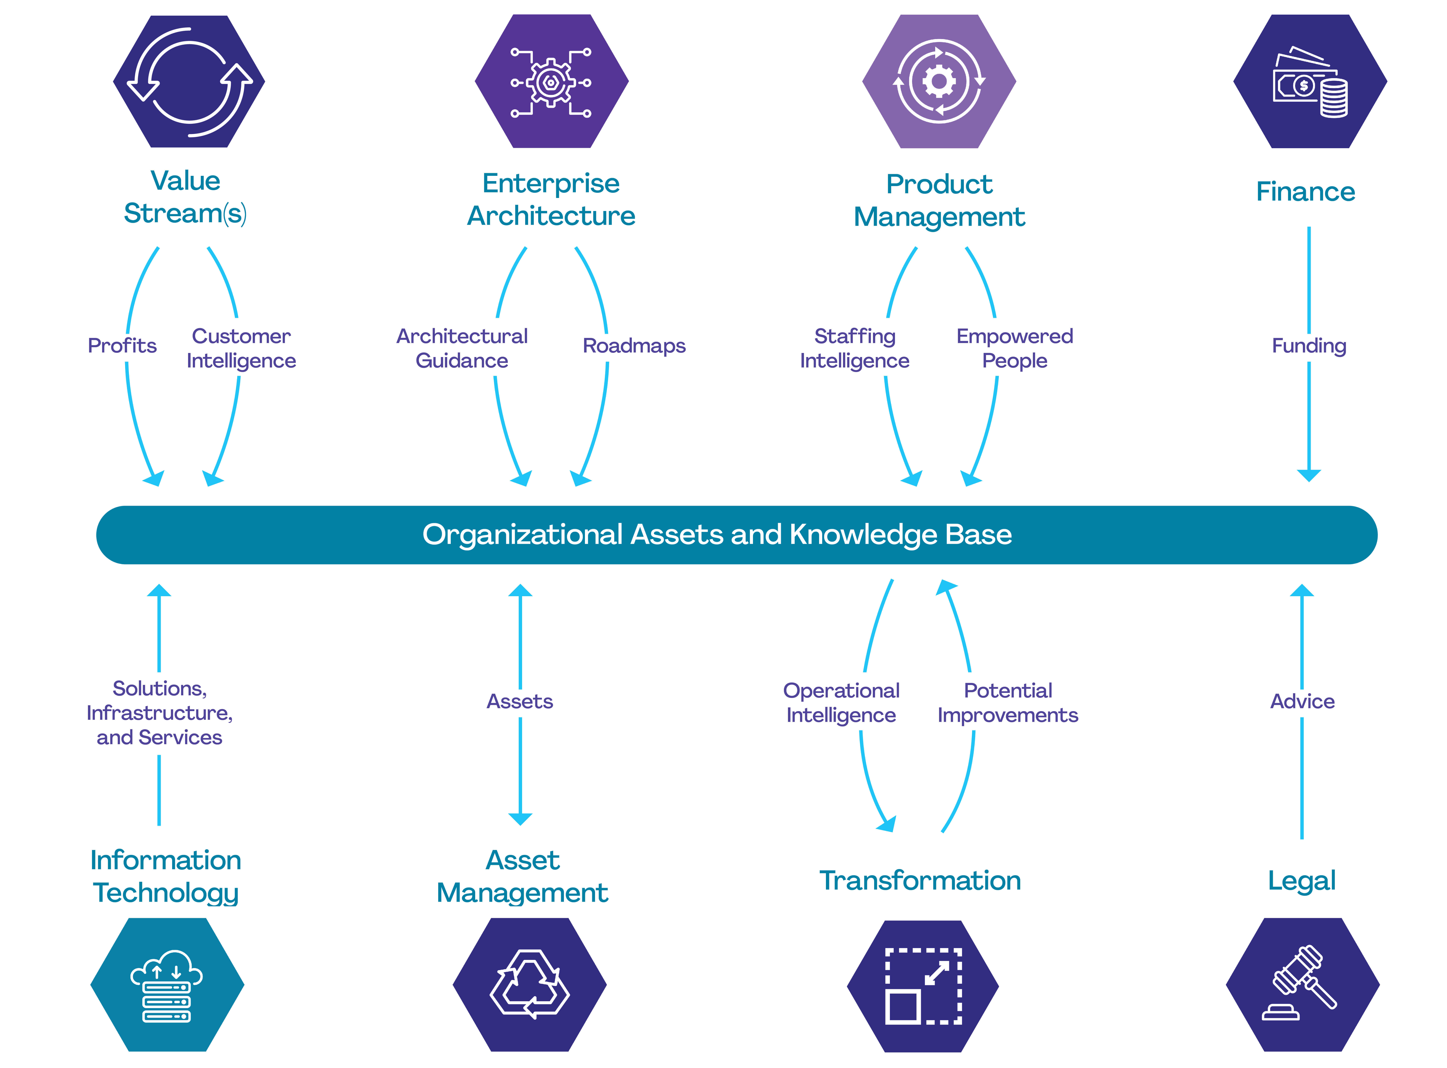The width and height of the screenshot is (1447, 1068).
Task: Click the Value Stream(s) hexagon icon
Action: tap(189, 81)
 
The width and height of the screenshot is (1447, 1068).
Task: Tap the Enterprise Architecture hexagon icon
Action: tap(552, 81)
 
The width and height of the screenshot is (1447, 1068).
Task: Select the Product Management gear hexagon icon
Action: tap(939, 81)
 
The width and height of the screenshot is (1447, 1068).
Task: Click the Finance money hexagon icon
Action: tap(1310, 81)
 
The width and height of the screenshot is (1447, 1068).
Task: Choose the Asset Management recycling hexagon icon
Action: tap(530, 985)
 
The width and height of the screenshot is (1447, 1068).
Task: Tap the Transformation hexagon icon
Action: tap(923, 986)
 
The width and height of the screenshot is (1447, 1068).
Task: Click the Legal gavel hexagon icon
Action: tap(1303, 985)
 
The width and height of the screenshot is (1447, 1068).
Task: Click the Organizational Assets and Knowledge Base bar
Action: tap(736, 535)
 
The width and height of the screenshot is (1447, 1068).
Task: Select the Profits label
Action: tap(122, 346)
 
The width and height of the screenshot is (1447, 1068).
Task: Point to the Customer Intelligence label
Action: tap(241, 348)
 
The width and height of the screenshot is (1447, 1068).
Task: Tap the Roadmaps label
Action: tap(634, 346)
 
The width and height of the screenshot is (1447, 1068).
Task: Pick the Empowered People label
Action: tap(1014, 348)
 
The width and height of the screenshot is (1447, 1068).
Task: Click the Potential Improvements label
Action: tap(1008, 703)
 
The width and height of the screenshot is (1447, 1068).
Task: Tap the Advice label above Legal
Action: tap(1302, 701)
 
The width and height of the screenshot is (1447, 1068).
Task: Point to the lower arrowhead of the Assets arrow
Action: tap(520, 819)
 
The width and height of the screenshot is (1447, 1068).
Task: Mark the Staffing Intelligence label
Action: tap(855, 348)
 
